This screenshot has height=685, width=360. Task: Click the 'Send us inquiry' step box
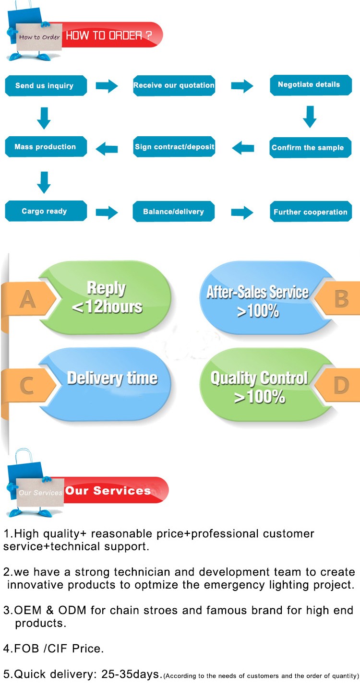(x=46, y=85)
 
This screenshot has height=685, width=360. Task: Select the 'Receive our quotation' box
(x=174, y=85)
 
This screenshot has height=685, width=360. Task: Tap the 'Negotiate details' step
(x=311, y=85)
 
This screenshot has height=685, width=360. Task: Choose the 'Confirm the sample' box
(x=311, y=148)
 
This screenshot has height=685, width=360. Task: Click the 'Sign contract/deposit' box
(x=174, y=147)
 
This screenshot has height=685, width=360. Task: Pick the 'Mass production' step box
(x=46, y=147)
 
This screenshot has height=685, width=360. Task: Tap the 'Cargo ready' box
(x=46, y=211)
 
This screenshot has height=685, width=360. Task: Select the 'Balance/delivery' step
(x=174, y=212)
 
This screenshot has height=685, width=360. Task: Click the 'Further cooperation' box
(x=311, y=212)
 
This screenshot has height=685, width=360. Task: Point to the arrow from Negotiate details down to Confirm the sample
(x=310, y=117)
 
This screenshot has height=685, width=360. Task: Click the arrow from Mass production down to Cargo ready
(x=44, y=183)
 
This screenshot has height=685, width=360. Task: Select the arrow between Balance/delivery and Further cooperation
(x=242, y=213)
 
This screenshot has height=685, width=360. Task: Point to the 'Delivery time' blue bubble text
(x=112, y=378)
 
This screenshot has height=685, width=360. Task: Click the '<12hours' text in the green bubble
(x=107, y=307)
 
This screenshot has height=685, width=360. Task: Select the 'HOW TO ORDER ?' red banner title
(x=108, y=35)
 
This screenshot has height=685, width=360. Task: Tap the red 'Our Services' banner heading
(x=108, y=491)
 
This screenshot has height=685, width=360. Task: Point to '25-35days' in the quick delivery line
(x=130, y=674)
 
